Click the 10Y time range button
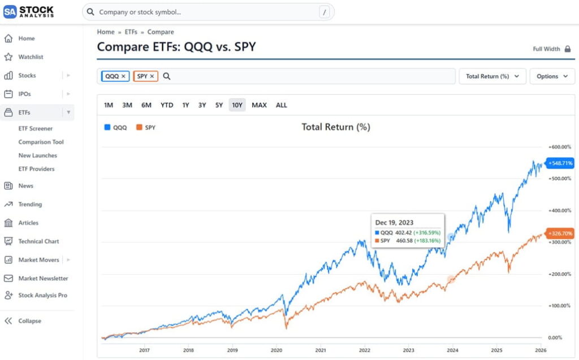coord(237,105)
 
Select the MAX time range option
coord(259,105)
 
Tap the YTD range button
coord(167,105)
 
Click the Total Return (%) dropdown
coord(492,76)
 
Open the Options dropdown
coord(552,76)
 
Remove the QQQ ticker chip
coord(123,76)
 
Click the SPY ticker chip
coord(142,76)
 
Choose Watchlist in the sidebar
coord(31,57)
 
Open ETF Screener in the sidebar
coord(36,129)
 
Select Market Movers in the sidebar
coord(39,260)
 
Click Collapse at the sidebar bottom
coord(29,321)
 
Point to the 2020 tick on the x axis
coord(276,350)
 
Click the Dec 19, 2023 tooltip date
coord(394,223)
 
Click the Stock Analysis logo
coord(29,11)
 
